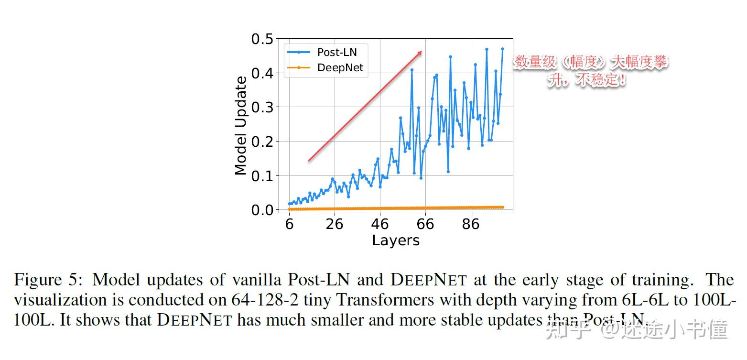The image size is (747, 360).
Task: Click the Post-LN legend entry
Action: coord(336,52)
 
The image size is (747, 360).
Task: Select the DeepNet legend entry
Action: coord(340,68)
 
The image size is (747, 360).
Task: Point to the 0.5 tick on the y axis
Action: coord(262,39)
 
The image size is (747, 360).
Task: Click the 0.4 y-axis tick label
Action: coord(262,73)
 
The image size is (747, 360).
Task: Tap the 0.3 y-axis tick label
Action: coord(262,107)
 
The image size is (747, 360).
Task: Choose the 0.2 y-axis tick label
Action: coord(262,142)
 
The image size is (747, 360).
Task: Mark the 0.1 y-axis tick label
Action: coord(262,176)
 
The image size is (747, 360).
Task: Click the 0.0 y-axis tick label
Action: coord(262,210)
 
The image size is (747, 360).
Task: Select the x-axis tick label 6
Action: coord(289,224)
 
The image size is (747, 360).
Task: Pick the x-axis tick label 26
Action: coord(335,224)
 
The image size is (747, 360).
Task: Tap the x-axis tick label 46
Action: coord(380,224)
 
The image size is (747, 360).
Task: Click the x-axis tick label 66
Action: coord(425,224)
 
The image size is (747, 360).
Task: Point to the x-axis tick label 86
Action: coord(471,224)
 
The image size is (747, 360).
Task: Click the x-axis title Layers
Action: coord(396,240)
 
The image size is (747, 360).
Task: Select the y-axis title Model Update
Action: coord(241,126)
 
